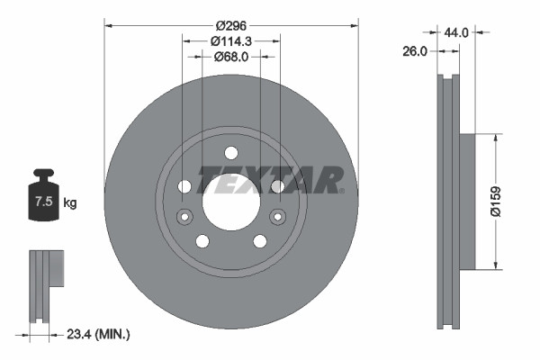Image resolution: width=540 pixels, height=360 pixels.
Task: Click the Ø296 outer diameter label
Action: pyautogui.click(x=230, y=27)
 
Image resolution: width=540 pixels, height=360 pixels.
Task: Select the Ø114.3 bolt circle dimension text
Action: pyautogui.click(x=230, y=41)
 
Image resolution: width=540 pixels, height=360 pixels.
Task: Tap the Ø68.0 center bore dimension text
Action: pyautogui.click(x=230, y=57)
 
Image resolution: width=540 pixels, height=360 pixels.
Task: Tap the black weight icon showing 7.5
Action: pyautogui.click(x=43, y=200)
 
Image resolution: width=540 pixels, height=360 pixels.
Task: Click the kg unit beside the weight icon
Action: pyautogui.click(x=70, y=203)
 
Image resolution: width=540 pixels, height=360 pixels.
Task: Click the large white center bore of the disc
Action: pyautogui.click(x=230, y=201)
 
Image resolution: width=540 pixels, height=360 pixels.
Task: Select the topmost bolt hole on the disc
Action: pyautogui.click(x=230, y=152)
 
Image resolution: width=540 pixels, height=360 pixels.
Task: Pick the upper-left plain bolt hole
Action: pyautogui.click(x=185, y=186)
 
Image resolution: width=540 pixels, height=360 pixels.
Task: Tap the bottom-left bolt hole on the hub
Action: pyautogui.click(x=202, y=241)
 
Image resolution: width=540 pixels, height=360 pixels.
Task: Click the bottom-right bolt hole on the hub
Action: pyautogui.click(x=260, y=241)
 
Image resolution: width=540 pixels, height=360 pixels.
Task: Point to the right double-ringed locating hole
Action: pyautogui.click(x=278, y=216)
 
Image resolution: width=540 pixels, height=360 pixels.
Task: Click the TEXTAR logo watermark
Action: pyautogui.click(x=270, y=178)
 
